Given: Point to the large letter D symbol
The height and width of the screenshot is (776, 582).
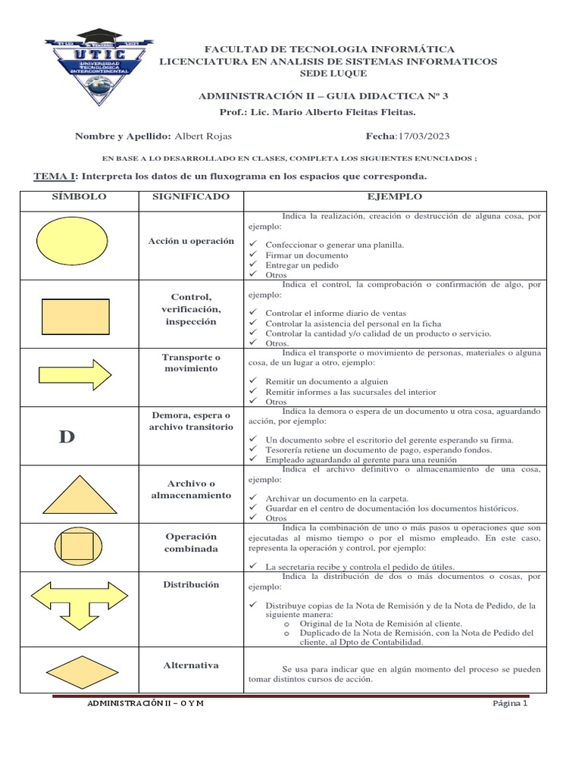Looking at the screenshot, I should [x=67, y=436].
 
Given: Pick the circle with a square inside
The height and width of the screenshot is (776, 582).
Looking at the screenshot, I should [x=75, y=546].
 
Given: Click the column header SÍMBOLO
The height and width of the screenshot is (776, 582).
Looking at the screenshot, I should [x=79, y=196].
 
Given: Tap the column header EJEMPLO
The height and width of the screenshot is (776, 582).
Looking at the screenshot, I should [x=394, y=196].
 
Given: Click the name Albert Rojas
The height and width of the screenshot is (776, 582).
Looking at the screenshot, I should [x=203, y=136].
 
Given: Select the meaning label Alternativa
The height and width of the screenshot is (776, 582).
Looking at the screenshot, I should [x=191, y=665].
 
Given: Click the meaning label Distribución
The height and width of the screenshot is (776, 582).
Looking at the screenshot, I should [x=191, y=584].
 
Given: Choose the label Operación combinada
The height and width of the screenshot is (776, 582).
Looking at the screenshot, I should [x=191, y=543].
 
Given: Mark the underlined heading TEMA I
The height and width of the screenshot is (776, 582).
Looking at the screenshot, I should [x=55, y=177].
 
